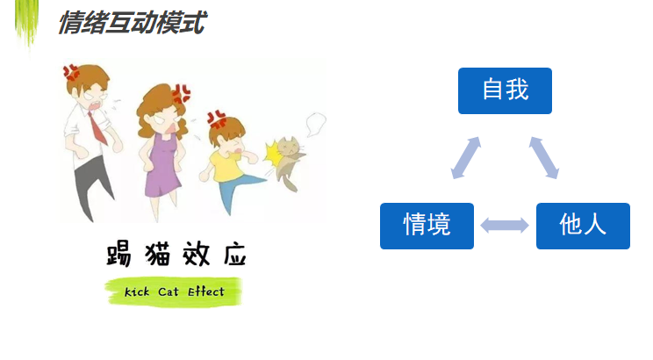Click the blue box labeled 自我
point(505,90)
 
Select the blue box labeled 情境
point(427,226)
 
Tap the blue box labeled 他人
point(583,226)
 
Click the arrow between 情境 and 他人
point(505,226)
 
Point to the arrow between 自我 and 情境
point(466,158)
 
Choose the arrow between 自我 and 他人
point(544,158)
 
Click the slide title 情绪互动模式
point(133,23)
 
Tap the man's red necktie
point(98,128)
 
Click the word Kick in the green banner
point(137,292)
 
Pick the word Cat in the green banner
point(169,292)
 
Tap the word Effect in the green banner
point(205,292)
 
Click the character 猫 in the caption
point(158,254)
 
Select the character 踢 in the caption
point(119,254)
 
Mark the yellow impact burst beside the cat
point(273,155)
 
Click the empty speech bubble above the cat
point(316,124)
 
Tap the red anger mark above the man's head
point(71,72)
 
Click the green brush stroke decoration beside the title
point(27,23)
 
